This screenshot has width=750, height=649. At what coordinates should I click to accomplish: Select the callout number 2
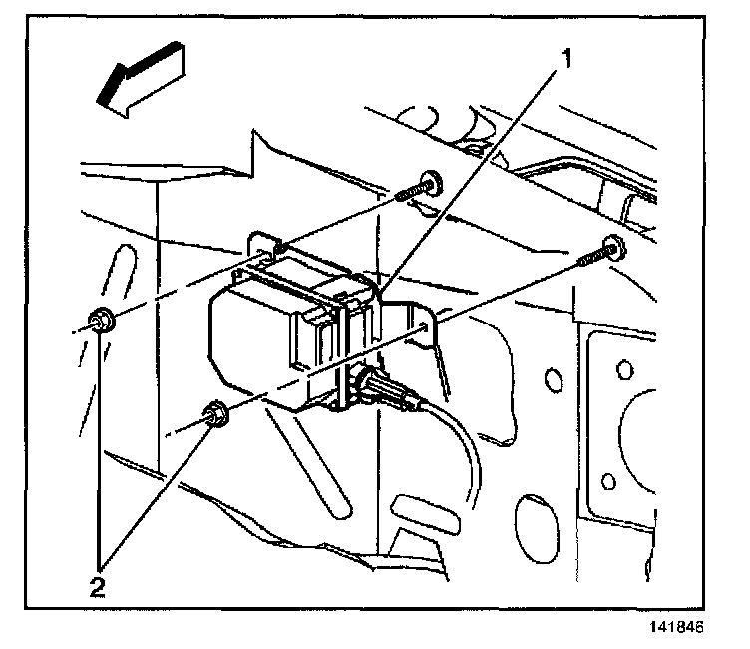pos(97,585)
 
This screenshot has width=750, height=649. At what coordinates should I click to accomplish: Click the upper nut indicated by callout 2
pos(101,323)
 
